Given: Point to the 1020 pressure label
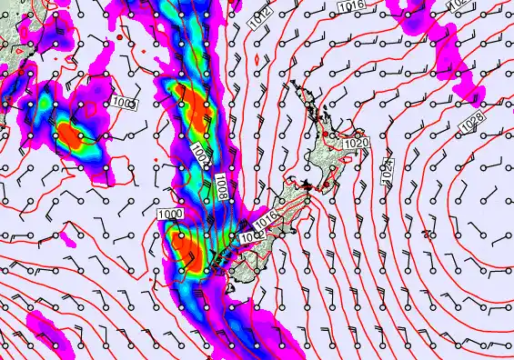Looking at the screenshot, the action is (357, 143).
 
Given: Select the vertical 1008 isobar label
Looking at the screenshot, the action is (223, 187).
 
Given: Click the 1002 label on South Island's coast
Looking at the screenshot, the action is (248, 235).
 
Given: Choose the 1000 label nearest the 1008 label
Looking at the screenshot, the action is (168, 213).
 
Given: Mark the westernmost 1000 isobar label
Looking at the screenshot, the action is (125, 103).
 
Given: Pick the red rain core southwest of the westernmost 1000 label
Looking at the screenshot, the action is (71, 135).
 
